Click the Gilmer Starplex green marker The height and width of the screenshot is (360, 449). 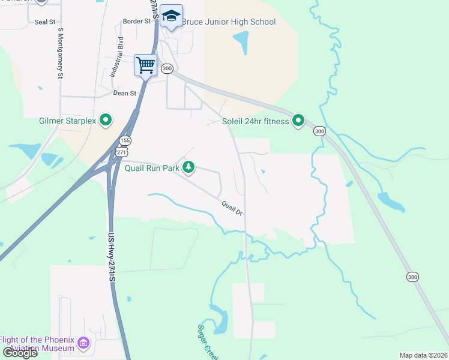(106, 121)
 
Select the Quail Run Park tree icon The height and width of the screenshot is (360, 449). (189, 167)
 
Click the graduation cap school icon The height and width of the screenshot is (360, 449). (171, 17)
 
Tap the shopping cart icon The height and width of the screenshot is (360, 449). (145, 64)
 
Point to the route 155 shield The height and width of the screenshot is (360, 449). (124, 140)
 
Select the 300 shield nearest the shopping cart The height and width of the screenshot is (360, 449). (167, 69)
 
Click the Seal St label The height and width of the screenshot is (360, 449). (44, 22)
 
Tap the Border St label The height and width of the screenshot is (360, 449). (136, 21)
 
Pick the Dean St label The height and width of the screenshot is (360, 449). (125, 93)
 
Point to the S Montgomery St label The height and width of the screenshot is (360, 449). (60, 53)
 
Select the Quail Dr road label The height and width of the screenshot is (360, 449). (232, 208)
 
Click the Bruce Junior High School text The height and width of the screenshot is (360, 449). (228, 22)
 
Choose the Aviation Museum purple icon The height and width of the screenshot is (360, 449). (83, 344)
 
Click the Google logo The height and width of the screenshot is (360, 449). (19, 353)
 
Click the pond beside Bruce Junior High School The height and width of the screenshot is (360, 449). (241, 42)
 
